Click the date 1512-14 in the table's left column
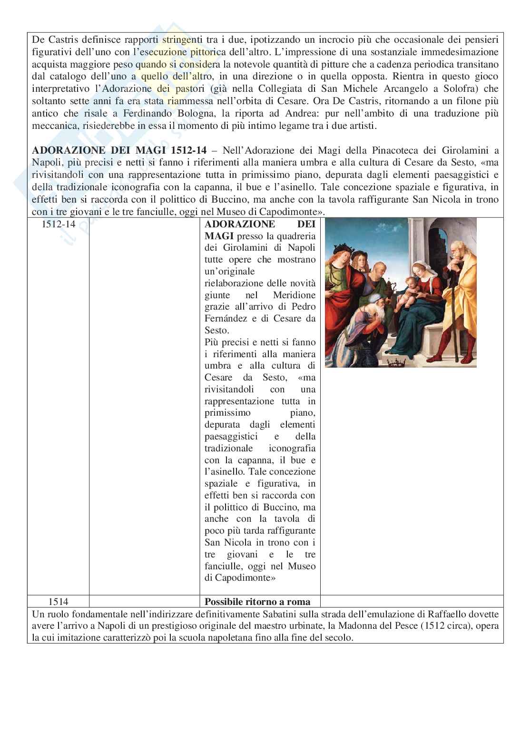click(x=59, y=224)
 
